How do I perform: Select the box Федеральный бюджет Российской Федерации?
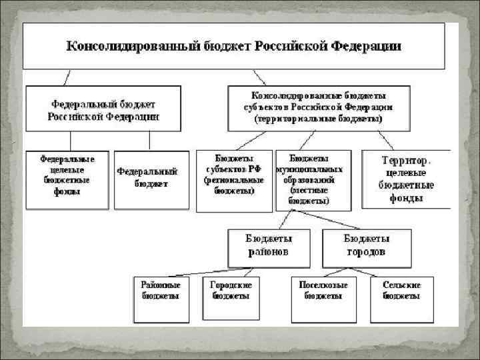pos(103,109)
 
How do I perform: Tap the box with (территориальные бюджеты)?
pos(318,107)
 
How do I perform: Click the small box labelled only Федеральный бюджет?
pos(147,179)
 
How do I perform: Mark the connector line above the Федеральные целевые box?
pos(70,141)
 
